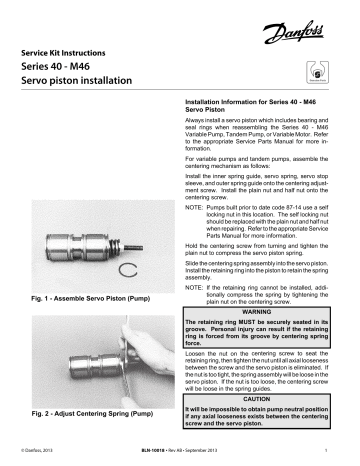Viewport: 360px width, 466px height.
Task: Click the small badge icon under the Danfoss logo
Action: click(321, 74)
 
